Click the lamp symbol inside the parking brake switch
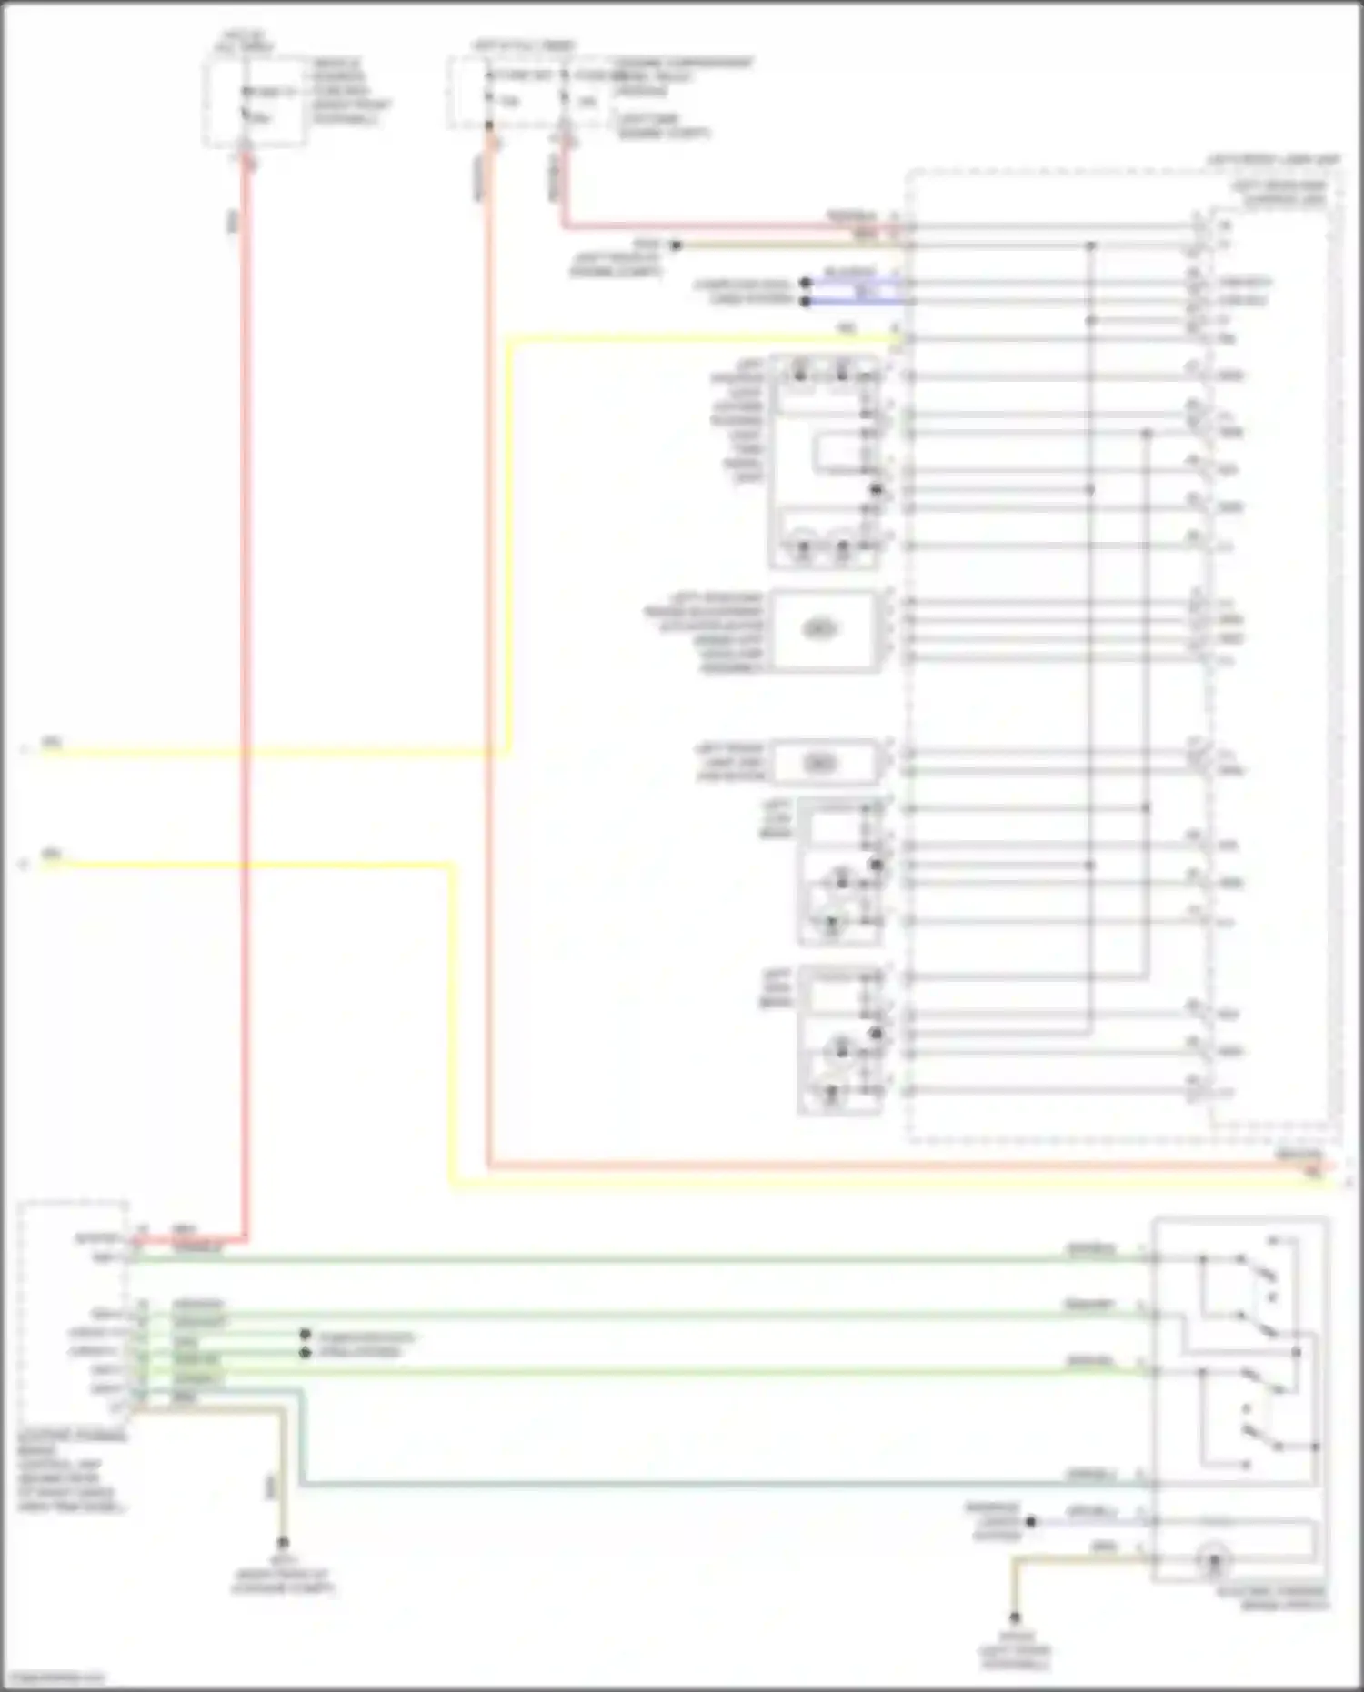point(1213,1561)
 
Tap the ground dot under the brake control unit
point(283,1543)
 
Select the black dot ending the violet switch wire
point(1030,1521)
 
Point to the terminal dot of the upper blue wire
point(805,283)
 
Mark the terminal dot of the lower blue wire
point(805,301)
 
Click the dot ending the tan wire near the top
point(676,245)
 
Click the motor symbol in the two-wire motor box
point(819,763)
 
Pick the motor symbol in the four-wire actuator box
point(818,629)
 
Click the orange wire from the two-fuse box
point(489,636)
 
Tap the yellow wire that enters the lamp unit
point(509,546)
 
